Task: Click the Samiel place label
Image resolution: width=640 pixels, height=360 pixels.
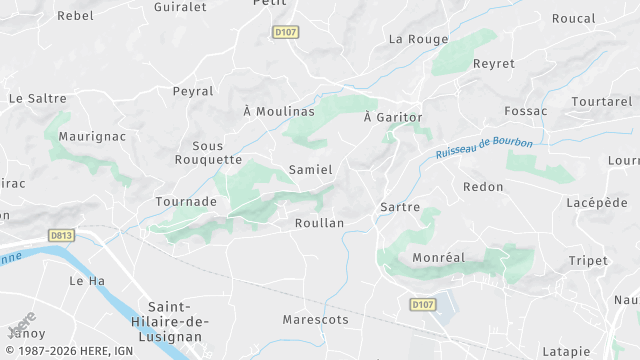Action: coord(310,170)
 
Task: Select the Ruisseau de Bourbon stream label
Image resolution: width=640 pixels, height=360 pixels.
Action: coord(485,148)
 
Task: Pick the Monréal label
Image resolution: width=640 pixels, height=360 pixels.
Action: coord(439,257)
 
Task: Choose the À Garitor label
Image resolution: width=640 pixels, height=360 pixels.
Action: coord(393,117)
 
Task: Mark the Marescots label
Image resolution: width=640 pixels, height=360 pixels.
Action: coord(315,320)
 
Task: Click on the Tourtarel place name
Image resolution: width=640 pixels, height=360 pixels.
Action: coord(602,102)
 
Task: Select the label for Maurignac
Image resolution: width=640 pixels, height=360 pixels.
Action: coord(90,134)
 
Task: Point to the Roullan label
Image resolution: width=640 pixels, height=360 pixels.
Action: coord(320,223)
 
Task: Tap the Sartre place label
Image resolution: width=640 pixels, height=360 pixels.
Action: coord(398,206)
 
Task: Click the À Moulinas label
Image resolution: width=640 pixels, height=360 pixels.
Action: coord(279,111)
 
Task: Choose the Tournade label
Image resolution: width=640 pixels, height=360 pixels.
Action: coord(186,201)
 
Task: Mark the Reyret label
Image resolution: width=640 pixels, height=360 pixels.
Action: coord(494,64)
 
